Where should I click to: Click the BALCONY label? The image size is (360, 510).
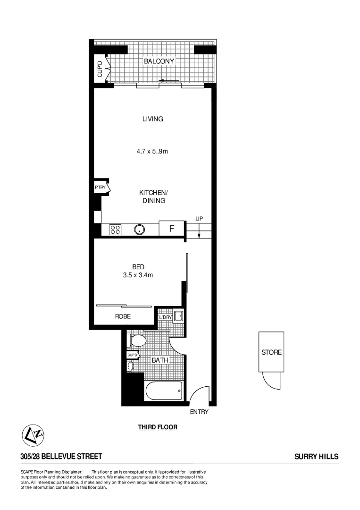159,61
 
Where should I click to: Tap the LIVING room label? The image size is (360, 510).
152,119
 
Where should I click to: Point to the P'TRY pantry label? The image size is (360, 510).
100,187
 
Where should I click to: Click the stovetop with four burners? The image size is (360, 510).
115,229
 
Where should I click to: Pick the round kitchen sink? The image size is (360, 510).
139,229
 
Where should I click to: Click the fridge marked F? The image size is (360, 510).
172,229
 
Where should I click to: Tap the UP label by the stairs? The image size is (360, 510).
199,219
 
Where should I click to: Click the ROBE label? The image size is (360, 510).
123,316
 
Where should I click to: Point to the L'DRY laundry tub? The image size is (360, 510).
178,316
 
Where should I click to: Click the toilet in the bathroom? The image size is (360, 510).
138,340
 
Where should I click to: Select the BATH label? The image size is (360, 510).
159,360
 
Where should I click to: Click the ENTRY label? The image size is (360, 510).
199,412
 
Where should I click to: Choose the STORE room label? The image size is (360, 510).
271,352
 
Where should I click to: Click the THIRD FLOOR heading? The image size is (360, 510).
158,427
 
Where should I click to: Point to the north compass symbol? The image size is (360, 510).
33,434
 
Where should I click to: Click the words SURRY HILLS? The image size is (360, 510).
316,457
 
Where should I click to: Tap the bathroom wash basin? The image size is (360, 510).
130,365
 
